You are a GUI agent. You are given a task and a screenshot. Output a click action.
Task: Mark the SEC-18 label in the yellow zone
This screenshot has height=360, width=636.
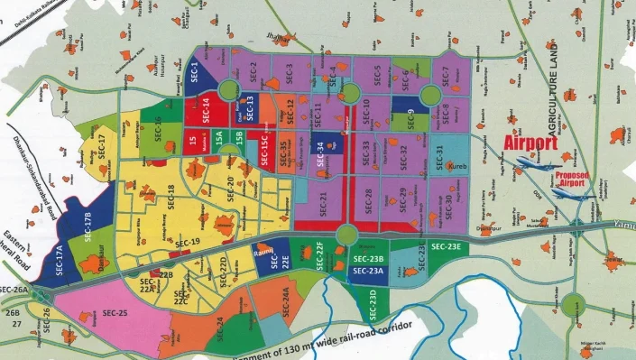pos(171,194)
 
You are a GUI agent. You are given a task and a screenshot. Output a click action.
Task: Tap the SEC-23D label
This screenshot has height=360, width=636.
pos(373,299)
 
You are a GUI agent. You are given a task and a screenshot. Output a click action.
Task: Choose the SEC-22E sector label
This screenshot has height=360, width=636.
pos(285,257)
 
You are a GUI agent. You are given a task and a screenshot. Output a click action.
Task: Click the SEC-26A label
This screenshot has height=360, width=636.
pos(14,289)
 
